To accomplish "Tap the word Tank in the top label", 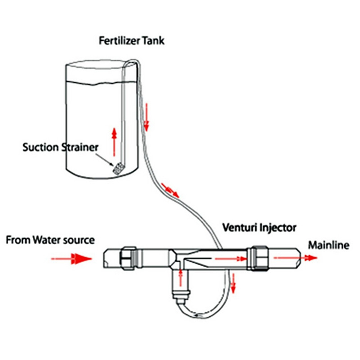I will click(152, 41).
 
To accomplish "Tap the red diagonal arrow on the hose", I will click(170, 190).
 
